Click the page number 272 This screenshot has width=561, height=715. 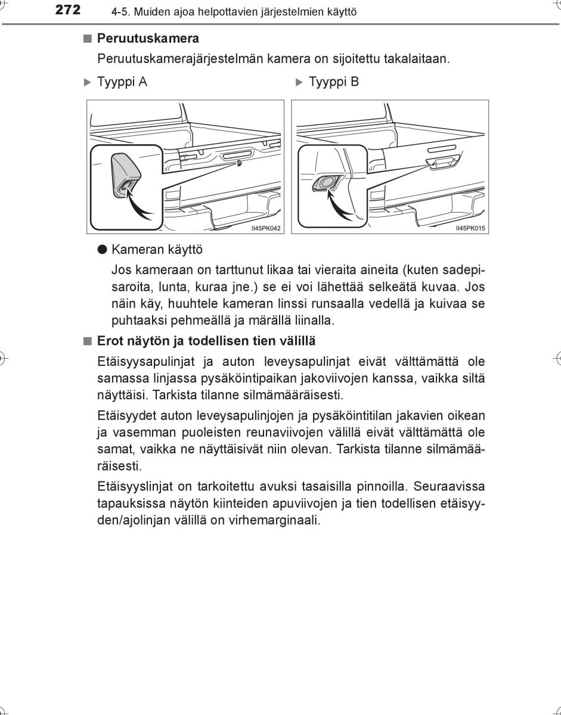[x=67, y=10]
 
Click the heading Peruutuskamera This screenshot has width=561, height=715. [x=148, y=39]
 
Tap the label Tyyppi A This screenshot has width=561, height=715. [x=122, y=82]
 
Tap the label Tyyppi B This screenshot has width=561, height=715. [x=334, y=82]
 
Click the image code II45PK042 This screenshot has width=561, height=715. [x=266, y=228]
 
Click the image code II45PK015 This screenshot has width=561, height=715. [x=470, y=228]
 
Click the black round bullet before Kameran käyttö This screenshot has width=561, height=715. [x=102, y=250]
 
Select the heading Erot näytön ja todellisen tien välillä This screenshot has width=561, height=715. [x=206, y=341]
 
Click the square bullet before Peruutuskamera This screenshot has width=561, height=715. [x=88, y=39]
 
